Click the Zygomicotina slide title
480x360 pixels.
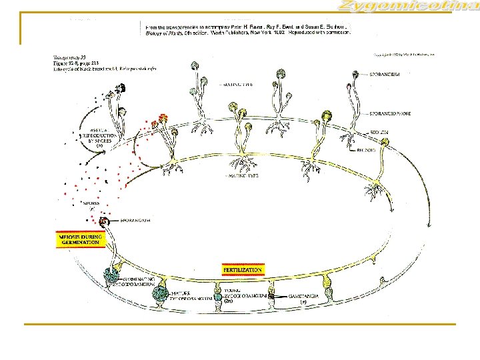click(407, 7)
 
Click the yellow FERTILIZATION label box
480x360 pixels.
click(243, 270)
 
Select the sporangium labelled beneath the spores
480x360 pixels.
click(104, 222)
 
